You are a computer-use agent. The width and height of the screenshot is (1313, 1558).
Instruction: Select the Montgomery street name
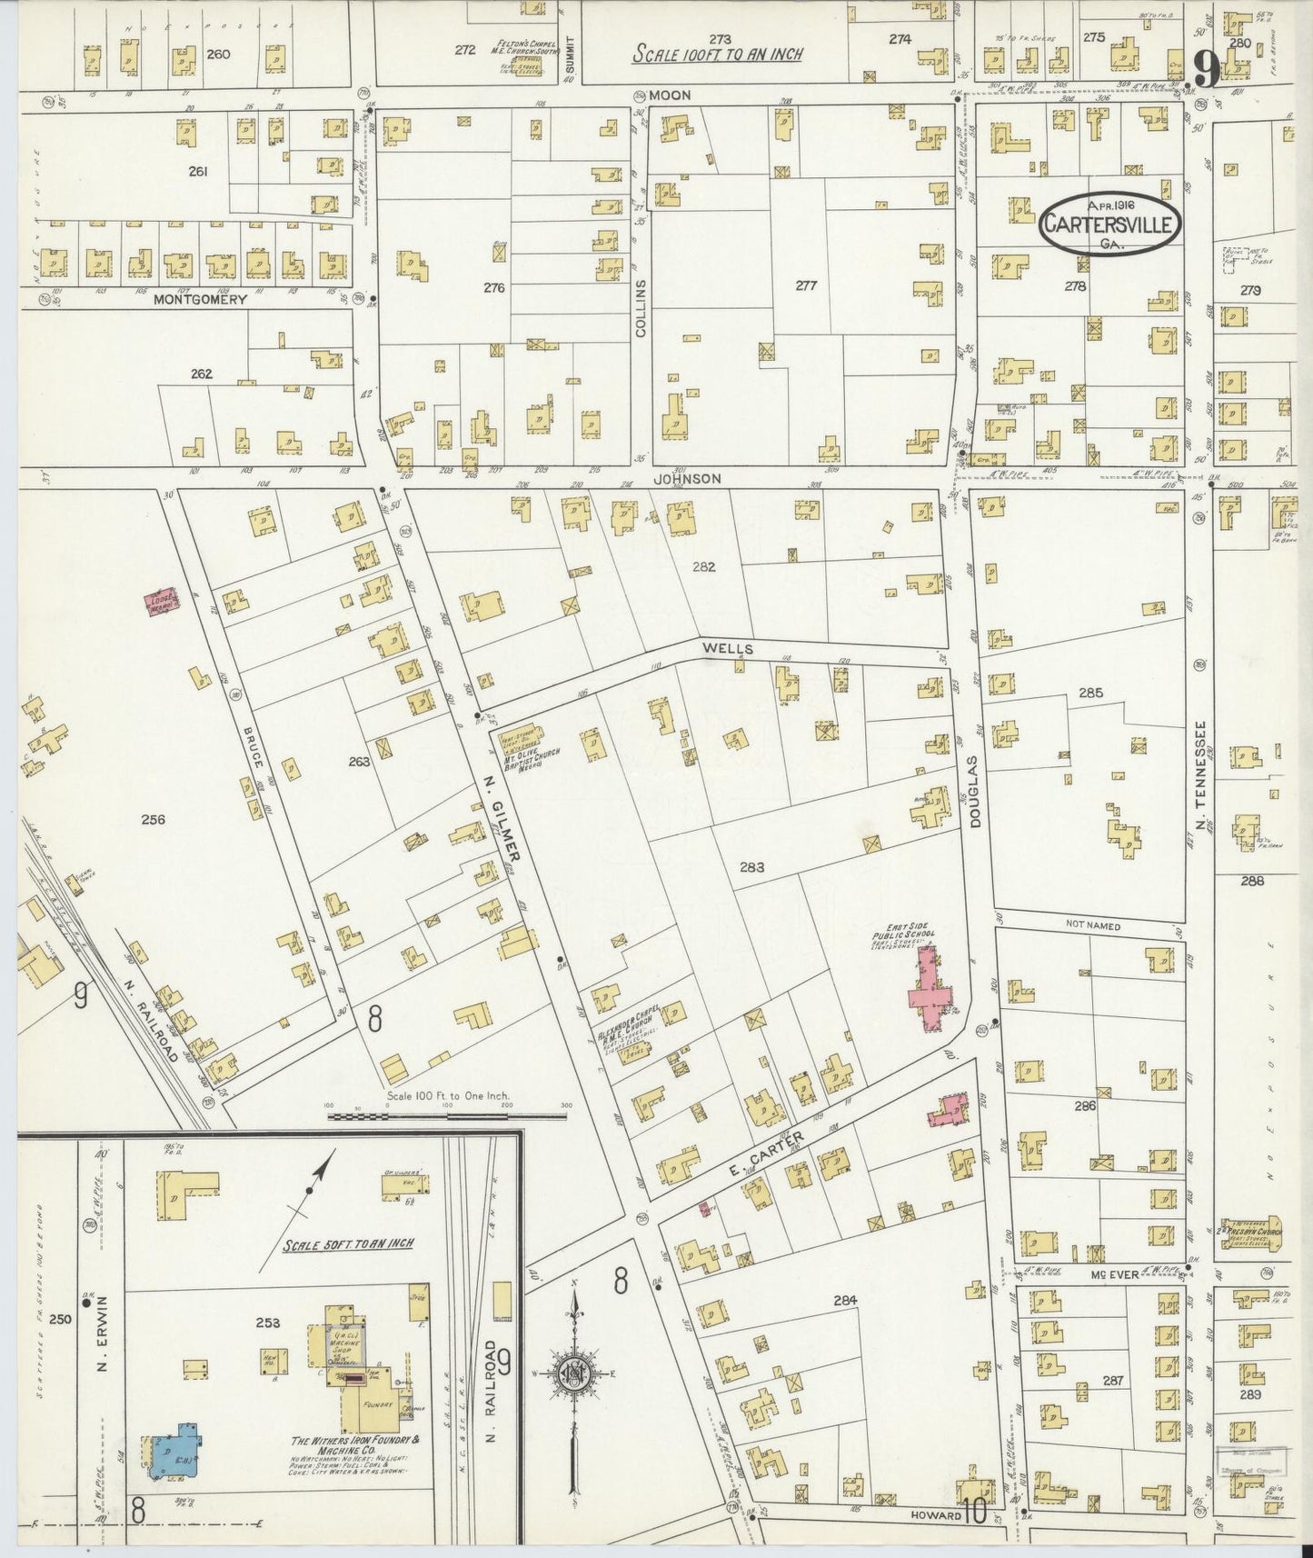coord(200,299)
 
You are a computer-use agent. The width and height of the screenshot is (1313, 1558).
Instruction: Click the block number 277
coord(806,285)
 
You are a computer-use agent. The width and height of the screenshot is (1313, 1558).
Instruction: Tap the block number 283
coord(751,867)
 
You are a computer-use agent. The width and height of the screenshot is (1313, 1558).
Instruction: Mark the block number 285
coord(1090,693)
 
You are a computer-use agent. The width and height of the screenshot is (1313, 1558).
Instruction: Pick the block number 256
coord(153,819)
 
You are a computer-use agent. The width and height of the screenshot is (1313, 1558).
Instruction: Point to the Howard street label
coord(936,1516)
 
